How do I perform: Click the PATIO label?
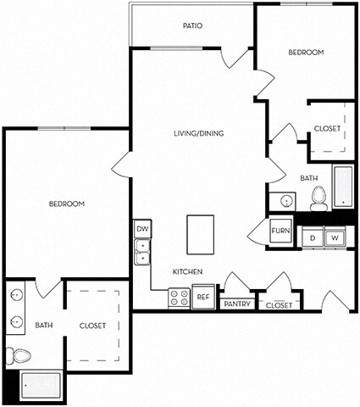[x=192, y=25]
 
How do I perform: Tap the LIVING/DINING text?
[x=197, y=133]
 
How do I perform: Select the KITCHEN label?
[x=186, y=271]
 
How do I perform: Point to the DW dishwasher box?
[x=141, y=229]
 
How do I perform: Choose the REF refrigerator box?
[x=202, y=298]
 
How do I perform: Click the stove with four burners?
[x=180, y=298]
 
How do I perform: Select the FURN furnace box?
[x=280, y=231]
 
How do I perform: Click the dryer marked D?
[x=312, y=237]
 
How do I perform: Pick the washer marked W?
[x=334, y=237]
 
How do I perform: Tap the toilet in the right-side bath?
[x=319, y=198]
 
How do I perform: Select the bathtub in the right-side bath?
[x=342, y=187]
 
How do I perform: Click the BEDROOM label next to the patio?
[x=306, y=53]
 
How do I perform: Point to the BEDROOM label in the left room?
[x=66, y=203]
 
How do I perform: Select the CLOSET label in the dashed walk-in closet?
[x=92, y=325]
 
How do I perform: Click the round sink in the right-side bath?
[x=286, y=202]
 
